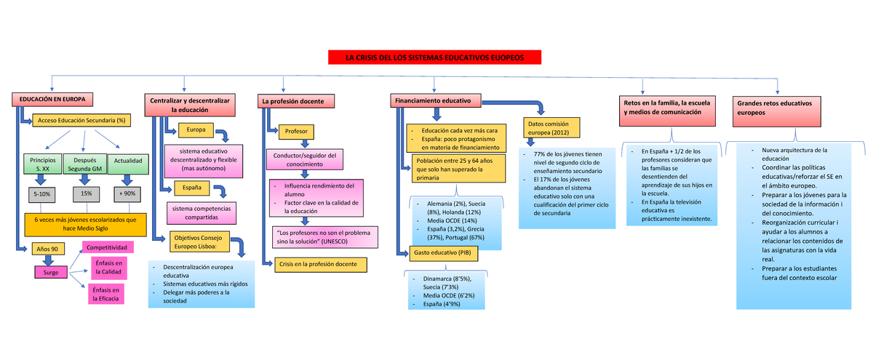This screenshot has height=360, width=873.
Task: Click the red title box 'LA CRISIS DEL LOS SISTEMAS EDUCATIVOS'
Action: pos(434,57)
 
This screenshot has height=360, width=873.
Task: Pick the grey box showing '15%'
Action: pos(86,193)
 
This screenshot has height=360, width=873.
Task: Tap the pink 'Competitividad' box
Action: pos(106,248)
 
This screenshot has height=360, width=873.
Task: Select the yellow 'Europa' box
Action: pos(196,130)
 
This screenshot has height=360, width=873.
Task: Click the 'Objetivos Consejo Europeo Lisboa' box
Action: pos(199,241)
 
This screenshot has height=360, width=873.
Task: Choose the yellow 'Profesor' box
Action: pos(296,132)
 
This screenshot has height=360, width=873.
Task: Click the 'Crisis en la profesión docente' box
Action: pos(319,264)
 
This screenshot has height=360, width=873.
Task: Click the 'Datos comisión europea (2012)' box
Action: pos(551,128)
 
